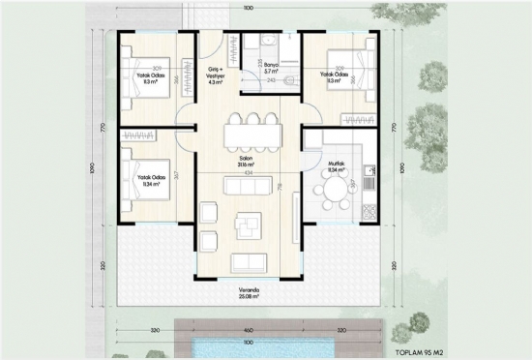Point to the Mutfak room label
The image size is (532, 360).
(x=339, y=166)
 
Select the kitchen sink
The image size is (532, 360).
(x=368, y=171)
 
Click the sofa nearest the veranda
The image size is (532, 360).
(x=249, y=261)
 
